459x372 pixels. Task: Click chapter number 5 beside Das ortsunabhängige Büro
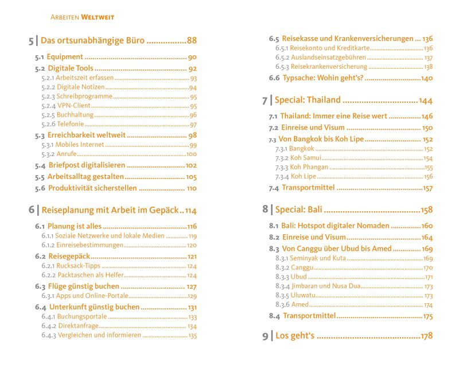point(32,41)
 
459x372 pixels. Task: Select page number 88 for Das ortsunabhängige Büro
point(192,41)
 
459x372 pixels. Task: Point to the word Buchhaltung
point(76,115)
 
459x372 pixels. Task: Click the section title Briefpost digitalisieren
point(86,165)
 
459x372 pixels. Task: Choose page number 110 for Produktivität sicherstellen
point(192,188)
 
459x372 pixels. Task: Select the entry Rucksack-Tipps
point(79,266)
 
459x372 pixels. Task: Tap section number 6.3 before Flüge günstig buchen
point(40,286)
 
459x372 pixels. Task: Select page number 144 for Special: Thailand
point(425,100)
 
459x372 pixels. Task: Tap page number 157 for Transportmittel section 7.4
point(427,188)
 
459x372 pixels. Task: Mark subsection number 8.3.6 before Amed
point(282,305)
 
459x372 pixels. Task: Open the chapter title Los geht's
point(295,336)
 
